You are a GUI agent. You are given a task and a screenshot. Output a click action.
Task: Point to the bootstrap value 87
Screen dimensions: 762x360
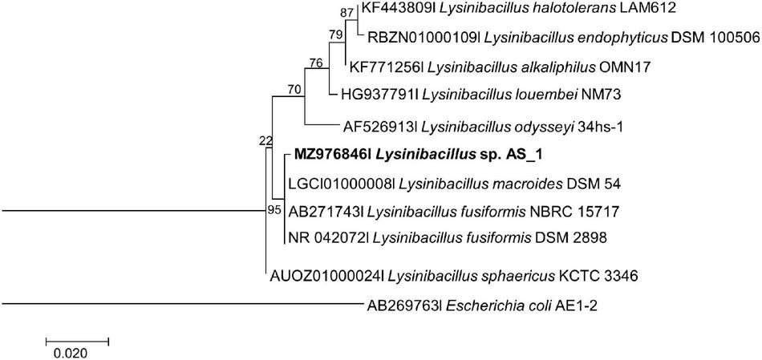coord(347,11)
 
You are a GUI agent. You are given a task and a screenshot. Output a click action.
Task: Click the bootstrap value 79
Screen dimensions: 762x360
coord(335,34)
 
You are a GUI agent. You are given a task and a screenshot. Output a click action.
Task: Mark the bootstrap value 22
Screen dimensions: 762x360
coord(265,141)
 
